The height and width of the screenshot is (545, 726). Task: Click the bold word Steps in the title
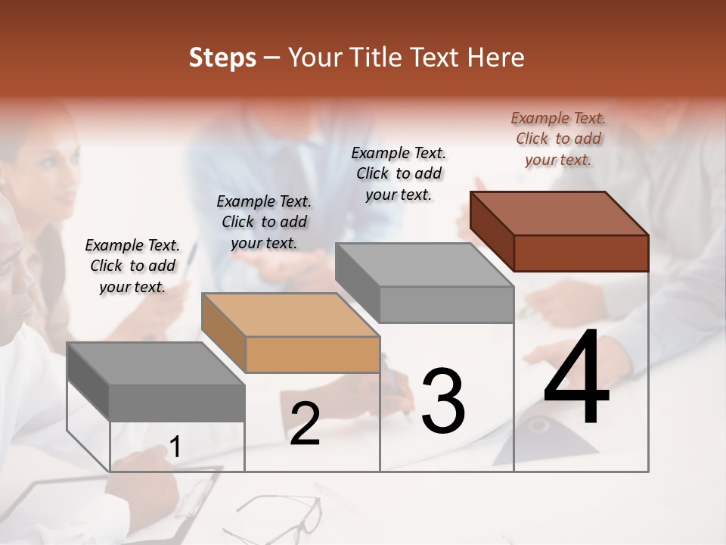(222, 58)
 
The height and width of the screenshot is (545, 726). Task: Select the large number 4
(576, 378)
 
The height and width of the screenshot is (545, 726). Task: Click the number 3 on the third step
(443, 401)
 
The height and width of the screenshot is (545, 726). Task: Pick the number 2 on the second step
(305, 424)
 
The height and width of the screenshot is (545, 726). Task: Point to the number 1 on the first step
(175, 447)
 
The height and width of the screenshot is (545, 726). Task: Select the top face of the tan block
(290, 315)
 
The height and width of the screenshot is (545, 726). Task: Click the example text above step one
(132, 266)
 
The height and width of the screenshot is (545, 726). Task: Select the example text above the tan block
(264, 222)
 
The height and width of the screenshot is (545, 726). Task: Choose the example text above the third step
(399, 173)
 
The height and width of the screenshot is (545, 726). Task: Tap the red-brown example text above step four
(558, 139)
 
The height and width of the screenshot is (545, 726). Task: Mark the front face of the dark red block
(581, 253)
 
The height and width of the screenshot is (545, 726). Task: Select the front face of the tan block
(312, 354)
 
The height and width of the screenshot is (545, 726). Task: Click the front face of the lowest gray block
(177, 403)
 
